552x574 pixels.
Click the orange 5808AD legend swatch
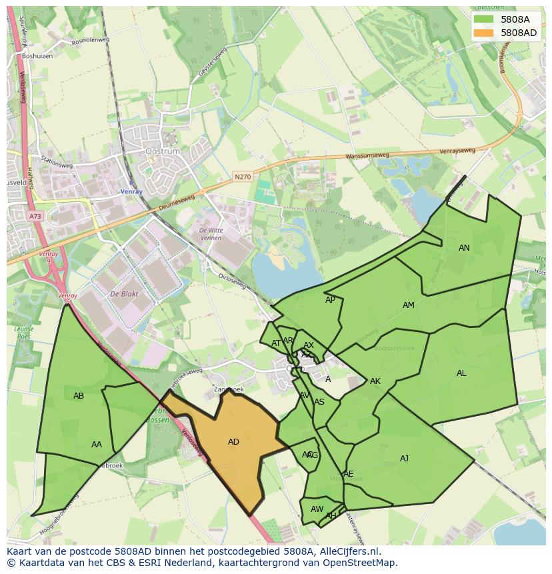click(483, 33)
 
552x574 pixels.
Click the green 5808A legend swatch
click(483, 19)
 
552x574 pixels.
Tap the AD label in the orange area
click(233, 442)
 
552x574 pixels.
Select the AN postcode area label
click(464, 248)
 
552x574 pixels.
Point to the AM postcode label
click(409, 305)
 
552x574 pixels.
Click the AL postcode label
click(461, 373)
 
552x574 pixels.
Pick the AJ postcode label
click(404, 459)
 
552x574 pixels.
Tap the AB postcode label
click(79, 396)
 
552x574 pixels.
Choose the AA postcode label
click(97, 445)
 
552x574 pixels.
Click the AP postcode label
click(330, 300)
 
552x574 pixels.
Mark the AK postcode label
click(375, 381)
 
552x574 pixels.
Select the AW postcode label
click(317, 509)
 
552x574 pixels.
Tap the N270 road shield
click(242, 177)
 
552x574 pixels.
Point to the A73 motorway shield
click(35, 217)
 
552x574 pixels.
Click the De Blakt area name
click(123, 294)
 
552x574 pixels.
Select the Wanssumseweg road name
click(367, 157)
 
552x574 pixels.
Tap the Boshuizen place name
click(37, 57)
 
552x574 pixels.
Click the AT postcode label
click(276, 344)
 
